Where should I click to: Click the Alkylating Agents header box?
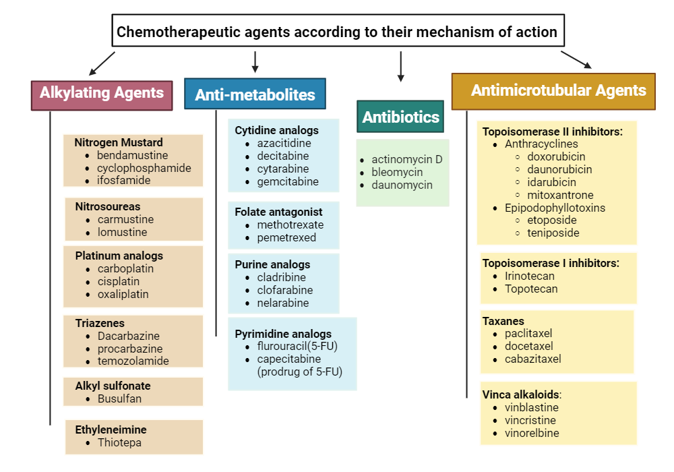point(102,94)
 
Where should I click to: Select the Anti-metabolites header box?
point(255,94)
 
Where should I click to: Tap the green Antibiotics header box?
point(400,117)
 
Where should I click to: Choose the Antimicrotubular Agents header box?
point(553,91)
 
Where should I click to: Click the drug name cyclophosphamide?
point(144,168)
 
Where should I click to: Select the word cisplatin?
point(118,281)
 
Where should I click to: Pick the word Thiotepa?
point(119,443)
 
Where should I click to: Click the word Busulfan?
point(119,399)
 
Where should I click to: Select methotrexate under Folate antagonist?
point(290,225)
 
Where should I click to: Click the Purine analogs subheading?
point(272,264)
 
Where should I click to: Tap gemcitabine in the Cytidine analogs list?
point(288,181)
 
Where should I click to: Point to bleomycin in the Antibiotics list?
point(397,172)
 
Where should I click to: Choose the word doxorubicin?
point(556,156)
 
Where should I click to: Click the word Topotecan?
point(531,289)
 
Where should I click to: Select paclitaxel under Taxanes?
point(528,333)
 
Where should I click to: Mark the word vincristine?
point(531,420)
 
